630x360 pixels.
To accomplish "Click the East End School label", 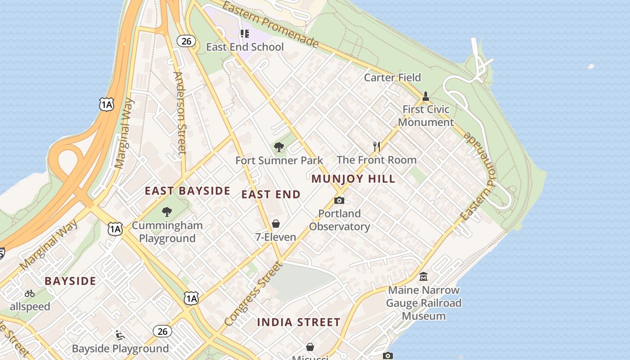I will tap(245, 47).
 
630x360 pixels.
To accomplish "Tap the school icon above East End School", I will tap(244, 34).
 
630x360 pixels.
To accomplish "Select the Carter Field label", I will tap(392, 77).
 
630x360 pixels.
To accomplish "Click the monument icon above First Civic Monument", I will tap(425, 96).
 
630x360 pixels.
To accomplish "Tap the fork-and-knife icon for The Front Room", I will tap(377, 146).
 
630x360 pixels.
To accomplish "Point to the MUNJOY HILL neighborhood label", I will tap(353, 179).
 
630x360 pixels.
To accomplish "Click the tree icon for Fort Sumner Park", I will tap(279, 147).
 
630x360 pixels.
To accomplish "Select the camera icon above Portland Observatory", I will tap(339, 200).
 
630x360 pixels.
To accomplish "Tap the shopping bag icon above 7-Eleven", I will tap(276, 224).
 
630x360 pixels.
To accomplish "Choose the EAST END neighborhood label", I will tap(271, 194).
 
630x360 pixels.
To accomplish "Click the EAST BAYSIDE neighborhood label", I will tap(187, 191).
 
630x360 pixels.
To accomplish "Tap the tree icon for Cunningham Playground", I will tap(167, 211).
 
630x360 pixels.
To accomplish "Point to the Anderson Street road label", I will tap(180, 112).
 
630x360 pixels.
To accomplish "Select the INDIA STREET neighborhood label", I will tap(299, 322).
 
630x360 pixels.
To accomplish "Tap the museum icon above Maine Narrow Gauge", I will tap(423, 276).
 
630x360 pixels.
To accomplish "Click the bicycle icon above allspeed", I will tap(30, 293).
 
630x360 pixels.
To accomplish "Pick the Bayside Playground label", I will tap(120, 348).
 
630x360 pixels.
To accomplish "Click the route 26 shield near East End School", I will tap(186, 41).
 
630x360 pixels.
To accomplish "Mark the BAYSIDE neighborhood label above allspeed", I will tap(70, 281).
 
